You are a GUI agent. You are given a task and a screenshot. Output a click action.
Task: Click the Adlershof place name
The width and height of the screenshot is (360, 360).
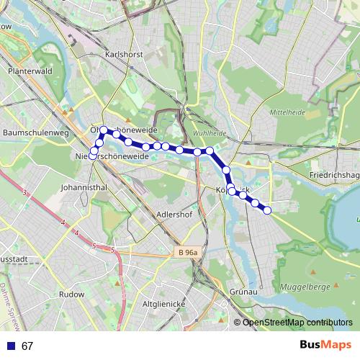[x=175, y=215]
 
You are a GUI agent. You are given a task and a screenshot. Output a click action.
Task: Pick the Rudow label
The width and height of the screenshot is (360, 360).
[x=71, y=294]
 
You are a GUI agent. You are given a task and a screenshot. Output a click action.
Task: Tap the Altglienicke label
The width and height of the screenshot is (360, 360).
[x=164, y=304]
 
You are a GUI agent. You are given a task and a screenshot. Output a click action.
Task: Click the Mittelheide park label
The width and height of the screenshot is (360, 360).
[x=287, y=113]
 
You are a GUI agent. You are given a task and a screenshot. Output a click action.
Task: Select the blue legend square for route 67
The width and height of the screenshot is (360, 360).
[x=10, y=346]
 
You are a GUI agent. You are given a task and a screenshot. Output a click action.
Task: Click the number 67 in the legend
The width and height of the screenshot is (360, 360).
[x=27, y=346]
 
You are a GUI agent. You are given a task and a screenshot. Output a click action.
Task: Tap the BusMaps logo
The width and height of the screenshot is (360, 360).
[x=325, y=346]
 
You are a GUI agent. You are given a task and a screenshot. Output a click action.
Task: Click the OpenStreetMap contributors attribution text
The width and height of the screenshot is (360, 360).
[x=297, y=322]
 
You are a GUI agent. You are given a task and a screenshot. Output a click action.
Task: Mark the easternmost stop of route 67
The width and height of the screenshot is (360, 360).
[x=267, y=210]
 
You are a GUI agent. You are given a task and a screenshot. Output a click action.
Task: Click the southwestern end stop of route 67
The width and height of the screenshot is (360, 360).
[x=92, y=156]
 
